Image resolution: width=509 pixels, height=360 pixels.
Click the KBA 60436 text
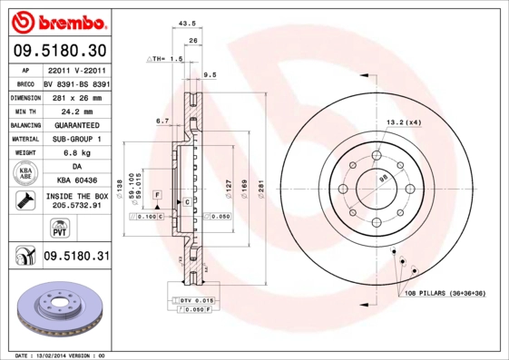pyautogui.click(x=76, y=181)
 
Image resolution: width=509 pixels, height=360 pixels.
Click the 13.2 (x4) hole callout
pyautogui.click(x=404, y=122)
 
